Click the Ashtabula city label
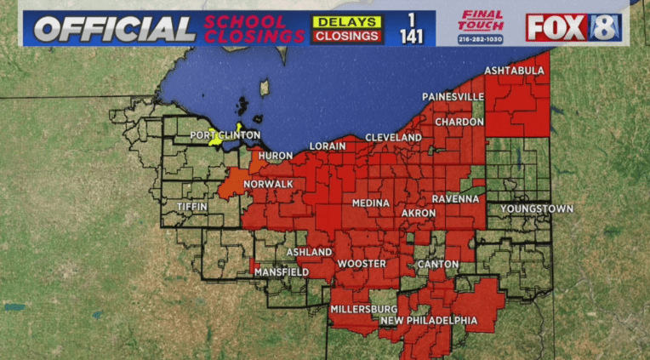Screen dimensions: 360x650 (x=514, y=71)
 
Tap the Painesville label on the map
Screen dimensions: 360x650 (x=453, y=97)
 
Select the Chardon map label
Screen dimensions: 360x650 (x=459, y=123)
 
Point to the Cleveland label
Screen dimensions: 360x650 (x=393, y=138)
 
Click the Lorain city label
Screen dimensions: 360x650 (x=328, y=146)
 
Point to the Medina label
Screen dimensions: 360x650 (x=371, y=203)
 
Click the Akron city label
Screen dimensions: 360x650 (x=419, y=212)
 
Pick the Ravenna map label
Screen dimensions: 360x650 (x=455, y=199)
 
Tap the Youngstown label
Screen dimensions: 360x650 (x=536, y=209)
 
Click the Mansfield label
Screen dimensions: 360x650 (x=281, y=271)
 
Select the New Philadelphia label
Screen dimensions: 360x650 (x=429, y=321)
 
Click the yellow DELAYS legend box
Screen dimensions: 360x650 (x=345, y=20)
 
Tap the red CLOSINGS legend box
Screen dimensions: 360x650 (x=345, y=36)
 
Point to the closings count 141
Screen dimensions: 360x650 (x=411, y=37)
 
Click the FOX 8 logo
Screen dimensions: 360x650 (x=573, y=27)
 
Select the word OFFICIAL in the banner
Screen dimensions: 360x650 (x=115, y=29)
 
